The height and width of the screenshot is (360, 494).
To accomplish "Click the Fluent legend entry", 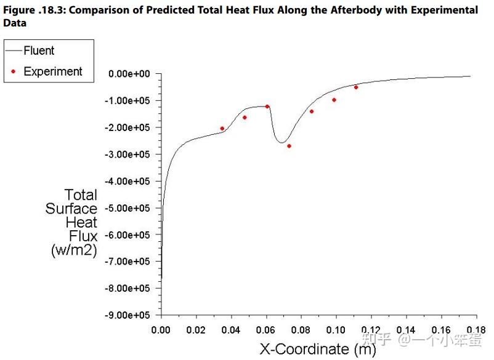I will point(38,50).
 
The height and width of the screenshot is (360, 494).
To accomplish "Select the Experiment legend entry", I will point(52,71).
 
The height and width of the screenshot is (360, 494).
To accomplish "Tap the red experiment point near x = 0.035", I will point(222,129).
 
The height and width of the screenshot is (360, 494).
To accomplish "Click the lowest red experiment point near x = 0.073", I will point(289,146).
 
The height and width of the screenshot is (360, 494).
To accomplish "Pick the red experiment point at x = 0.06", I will point(267,106).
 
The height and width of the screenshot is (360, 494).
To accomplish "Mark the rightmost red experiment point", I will point(356,87).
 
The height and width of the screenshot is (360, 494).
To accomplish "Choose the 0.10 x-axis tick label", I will point(336,330).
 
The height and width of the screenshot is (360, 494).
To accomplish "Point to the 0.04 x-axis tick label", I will point(231,330).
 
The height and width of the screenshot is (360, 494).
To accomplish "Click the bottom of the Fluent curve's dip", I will point(281,143).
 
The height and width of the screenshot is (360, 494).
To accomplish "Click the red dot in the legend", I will point(14,71).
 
